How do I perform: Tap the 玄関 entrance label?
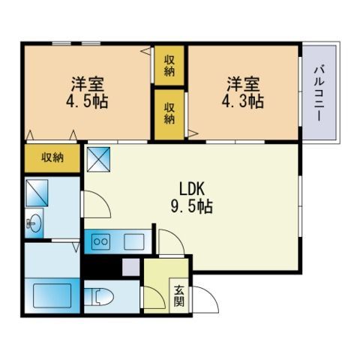point(179,295)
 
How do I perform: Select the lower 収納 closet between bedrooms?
point(169,113)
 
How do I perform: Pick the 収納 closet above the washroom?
point(52,157)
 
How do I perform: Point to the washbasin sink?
point(34,222)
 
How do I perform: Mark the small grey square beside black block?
point(131,265)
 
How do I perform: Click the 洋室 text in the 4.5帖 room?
point(87,82)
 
